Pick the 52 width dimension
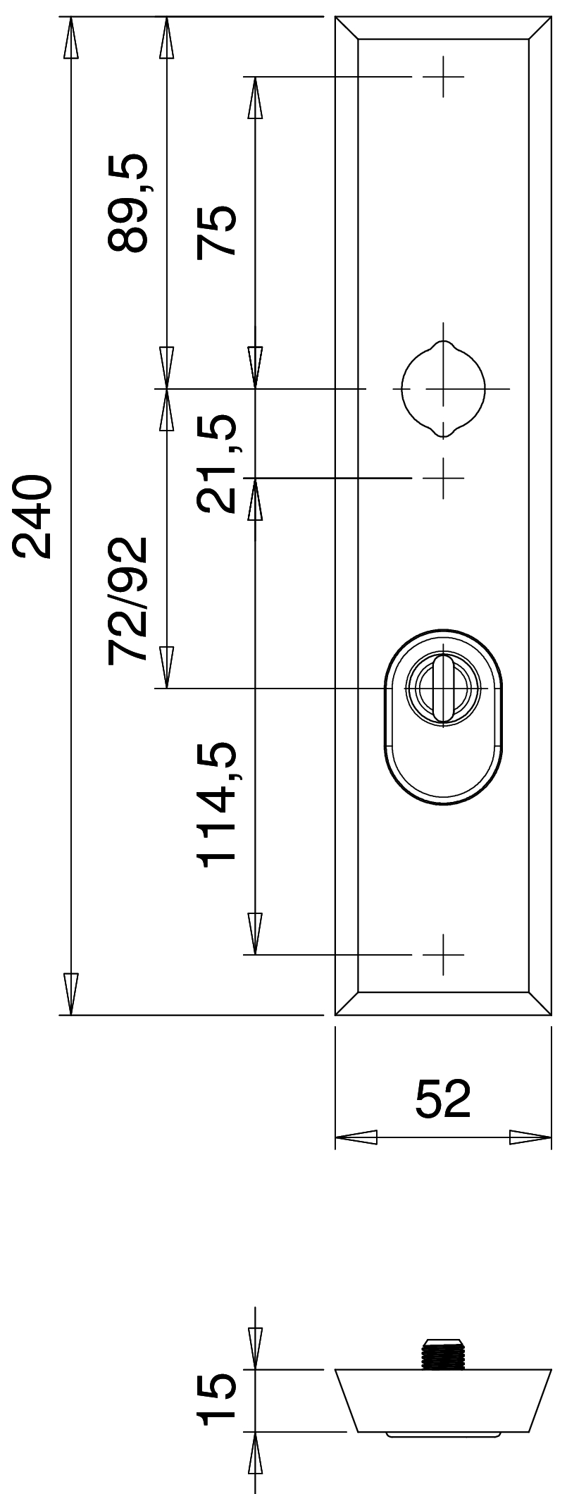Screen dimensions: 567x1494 tap(442, 1099)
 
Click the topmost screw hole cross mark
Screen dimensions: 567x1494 tap(443, 76)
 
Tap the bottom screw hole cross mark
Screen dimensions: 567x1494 tap(443, 955)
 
